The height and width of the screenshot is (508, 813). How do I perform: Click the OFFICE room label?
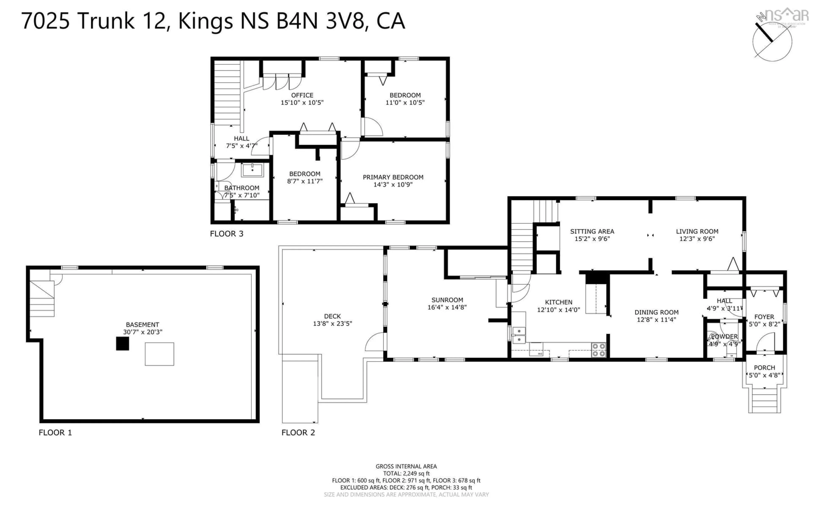(302, 95)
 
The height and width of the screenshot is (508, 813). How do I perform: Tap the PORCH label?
(764, 368)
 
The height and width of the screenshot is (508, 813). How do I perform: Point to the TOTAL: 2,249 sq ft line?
(406, 473)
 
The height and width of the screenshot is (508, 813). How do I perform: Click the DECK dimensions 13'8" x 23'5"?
(332, 324)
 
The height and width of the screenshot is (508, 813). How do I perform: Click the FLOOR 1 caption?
(55, 432)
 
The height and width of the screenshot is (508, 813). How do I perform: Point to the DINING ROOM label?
(656, 312)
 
